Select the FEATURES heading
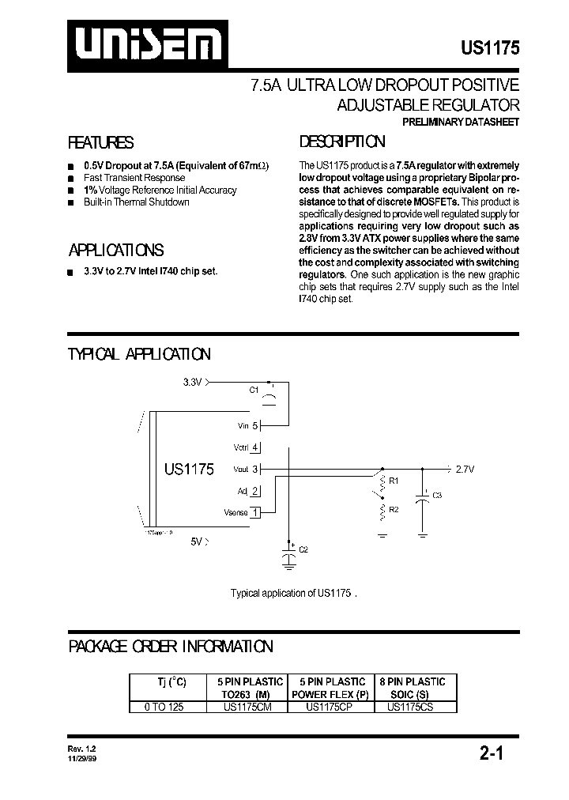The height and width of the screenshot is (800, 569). tap(101, 143)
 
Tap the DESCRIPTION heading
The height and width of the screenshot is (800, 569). tap(342, 142)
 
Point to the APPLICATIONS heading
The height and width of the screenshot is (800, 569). tap(116, 251)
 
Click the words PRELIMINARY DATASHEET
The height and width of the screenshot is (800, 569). tap(460, 122)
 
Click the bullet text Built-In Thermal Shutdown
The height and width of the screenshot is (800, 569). tap(136, 202)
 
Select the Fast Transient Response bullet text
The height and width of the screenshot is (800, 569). tap(134, 178)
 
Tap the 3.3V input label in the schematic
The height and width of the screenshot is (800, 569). tap(192, 382)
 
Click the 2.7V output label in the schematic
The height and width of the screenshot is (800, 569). tap(464, 469)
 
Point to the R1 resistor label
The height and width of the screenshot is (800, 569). tap(394, 480)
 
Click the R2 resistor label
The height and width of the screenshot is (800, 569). tap(394, 509)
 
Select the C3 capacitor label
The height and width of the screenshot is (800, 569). tap(437, 495)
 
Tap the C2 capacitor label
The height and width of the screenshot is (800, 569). tap(303, 549)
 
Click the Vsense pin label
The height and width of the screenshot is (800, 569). tap(236, 512)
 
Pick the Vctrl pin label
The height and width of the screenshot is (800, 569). tap(240, 447)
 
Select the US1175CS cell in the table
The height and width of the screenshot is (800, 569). tap(410, 708)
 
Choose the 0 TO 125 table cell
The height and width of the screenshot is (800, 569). tap(164, 708)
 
